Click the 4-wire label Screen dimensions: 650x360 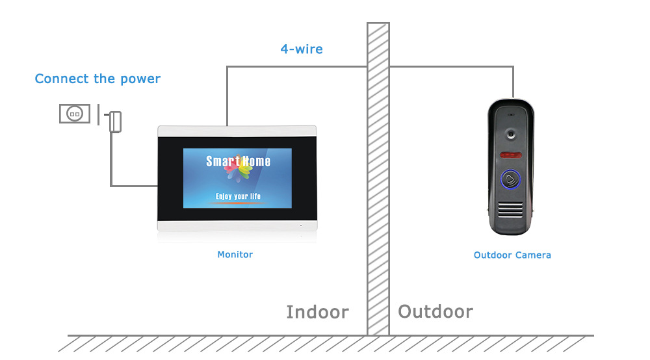click(x=301, y=49)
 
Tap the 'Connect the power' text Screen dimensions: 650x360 click(x=97, y=79)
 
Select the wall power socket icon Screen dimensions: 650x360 click(x=75, y=114)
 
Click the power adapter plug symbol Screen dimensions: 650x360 click(x=115, y=121)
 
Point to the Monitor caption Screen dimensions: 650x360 click(x=235, y=255)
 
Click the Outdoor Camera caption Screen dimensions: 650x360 click(x=512, y=255)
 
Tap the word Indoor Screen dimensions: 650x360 click(x=317, y=312)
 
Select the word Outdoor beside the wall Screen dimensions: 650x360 click(x=435, y=311)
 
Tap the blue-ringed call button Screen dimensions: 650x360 click(x=511, y=179)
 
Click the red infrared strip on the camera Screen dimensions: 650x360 click(x=512, y=155)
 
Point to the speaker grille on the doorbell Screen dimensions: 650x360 click(x=512, y=209)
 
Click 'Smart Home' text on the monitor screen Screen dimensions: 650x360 click(x=238, y=161)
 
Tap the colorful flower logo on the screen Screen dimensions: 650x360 click(x=238, y=171)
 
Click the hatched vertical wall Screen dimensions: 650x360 click(x=378, y=195)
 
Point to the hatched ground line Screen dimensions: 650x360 click(x=325, y=342)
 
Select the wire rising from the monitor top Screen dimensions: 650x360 click(x=227, y=97)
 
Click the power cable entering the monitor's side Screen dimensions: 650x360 click(x=133, y=186)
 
